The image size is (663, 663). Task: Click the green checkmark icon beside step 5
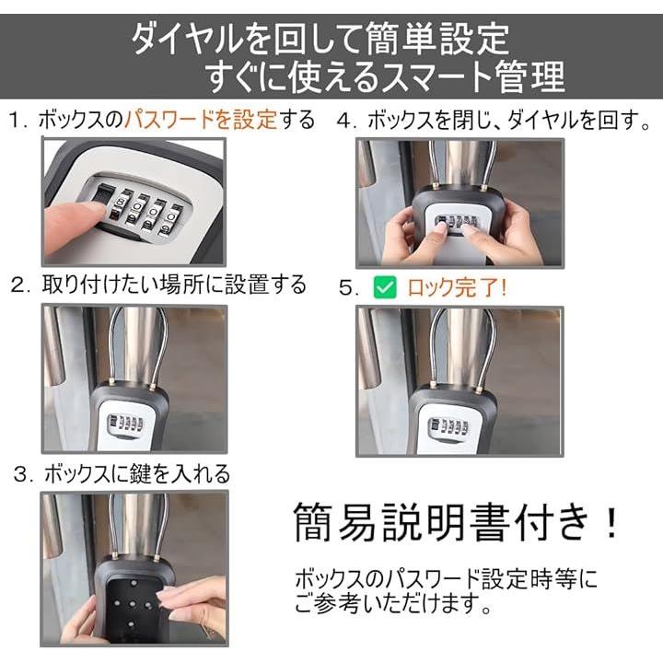coord(385,287)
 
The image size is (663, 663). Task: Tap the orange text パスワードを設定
coord(201,120)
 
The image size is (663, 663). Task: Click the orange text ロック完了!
coord(456,287)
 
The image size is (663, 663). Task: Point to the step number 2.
coord(20,285)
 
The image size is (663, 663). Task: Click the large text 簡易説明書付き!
coord(456,521)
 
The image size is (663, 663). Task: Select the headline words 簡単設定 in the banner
coord(437,39)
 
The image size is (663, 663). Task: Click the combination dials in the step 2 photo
coord(125,424)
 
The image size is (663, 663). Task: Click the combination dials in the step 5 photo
coord(448,426)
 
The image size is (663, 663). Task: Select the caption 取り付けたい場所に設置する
coord(174,285)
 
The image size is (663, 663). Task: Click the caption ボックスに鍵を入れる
coord(137,473)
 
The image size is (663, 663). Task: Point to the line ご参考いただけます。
coord(394,603)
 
